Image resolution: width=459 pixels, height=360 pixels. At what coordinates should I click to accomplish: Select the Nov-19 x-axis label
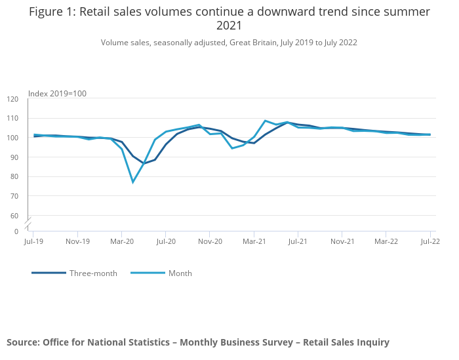pos(77,241)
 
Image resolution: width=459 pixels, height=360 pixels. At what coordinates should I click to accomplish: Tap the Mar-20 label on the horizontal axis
pos(121,241)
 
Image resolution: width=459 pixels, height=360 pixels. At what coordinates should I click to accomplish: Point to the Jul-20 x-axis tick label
pos(165,241)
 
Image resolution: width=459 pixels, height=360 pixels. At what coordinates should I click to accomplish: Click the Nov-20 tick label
pos(210,241)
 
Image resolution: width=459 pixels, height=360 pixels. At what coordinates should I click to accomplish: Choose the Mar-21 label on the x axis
pos(254,241)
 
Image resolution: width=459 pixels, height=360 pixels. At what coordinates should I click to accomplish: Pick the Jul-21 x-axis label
pos(298,241)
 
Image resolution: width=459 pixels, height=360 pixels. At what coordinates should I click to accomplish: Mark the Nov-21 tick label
pos(342,241)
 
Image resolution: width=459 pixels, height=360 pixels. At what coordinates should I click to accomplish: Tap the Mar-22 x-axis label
pos(386,241)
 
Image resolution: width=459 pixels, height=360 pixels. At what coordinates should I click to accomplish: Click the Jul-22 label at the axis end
pos(430,241)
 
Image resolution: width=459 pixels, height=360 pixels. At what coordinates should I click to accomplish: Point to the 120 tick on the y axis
pos(12,99)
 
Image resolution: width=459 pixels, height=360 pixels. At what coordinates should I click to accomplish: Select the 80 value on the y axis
pos(14,177)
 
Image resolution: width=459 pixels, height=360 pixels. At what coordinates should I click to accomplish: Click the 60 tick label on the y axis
pos(14,216)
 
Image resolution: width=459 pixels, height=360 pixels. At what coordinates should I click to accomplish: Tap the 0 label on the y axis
pos(16,231)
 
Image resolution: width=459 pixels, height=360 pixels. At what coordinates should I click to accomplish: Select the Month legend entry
pos(180,273)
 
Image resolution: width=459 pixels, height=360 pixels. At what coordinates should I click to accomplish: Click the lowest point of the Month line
pos(133,182)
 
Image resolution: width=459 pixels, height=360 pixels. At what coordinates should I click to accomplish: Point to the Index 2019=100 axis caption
pos(58,94)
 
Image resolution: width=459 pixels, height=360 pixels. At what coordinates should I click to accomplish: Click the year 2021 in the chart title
pos(229,26)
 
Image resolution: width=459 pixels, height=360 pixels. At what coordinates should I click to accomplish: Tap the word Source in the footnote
pos(22,342)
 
